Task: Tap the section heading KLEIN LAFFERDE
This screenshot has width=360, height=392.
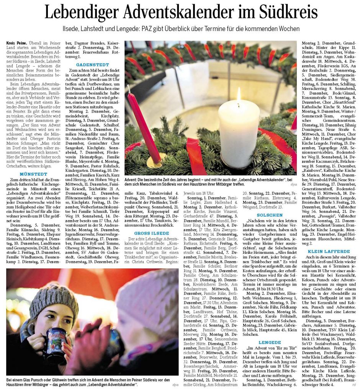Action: (x=329, y=251)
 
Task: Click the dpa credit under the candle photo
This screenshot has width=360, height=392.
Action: (x=293, y=185)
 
